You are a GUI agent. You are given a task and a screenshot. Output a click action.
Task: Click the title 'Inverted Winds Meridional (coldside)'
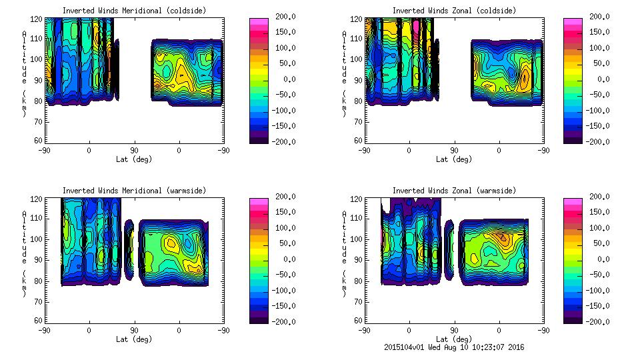134,11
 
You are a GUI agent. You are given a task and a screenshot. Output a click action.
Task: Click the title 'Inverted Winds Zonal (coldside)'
454,11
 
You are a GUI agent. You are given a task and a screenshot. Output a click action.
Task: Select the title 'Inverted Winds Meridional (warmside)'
134,191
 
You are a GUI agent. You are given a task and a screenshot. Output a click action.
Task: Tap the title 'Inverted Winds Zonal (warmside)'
454,191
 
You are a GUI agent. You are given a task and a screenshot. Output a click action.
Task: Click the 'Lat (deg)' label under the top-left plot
134,159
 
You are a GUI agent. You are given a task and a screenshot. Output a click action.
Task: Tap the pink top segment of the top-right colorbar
573,22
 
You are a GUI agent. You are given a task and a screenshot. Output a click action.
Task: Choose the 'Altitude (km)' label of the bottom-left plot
24,253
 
